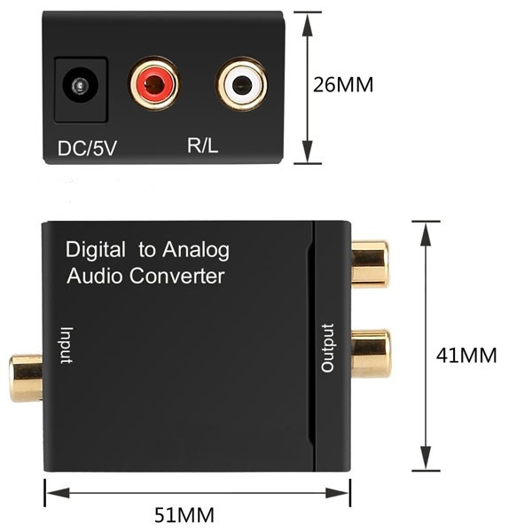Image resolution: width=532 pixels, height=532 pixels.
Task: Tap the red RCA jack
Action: point(154,83)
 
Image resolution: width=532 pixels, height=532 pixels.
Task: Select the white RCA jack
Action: point(242,84)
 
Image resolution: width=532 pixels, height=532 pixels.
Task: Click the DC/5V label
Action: point(87,148)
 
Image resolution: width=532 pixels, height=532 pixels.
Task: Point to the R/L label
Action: point(202,145)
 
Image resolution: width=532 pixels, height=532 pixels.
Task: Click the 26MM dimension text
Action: point(343,84)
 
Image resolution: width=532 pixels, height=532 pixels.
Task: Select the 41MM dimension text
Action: point(466,356)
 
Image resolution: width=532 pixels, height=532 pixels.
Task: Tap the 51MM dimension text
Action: point(184,514)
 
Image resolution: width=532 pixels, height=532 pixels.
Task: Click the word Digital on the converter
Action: point(96,250)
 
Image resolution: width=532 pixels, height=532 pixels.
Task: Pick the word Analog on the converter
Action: point(196,250)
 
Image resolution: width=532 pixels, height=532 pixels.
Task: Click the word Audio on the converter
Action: point(94,276)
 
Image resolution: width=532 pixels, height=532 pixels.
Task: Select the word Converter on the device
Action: point(176,276)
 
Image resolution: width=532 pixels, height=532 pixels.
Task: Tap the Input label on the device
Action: point(66,346)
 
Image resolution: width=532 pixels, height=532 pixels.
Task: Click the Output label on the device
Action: point(328,348)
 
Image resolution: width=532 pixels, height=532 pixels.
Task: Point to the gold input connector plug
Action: point(26,378)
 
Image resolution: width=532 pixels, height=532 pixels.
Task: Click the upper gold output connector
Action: point(370,264)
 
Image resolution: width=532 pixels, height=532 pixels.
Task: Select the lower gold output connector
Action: point(371,354)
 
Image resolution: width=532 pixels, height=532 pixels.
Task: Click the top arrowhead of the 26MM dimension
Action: point(308,25)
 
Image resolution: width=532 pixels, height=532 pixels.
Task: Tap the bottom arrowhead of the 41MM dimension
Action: point(426,458)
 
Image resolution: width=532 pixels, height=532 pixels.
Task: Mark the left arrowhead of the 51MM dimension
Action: point(58,493)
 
